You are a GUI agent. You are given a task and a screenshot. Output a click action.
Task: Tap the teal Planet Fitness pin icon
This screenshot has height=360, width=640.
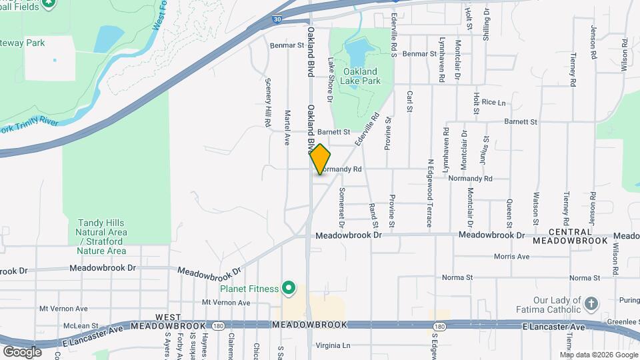pyautogui.click(x=288, y=289)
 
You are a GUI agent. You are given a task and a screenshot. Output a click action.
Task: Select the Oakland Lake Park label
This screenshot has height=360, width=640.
pyautogui.click(x=360, y=76)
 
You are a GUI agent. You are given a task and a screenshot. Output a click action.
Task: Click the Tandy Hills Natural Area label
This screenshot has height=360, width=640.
pyautogui.click(x=101, y=237)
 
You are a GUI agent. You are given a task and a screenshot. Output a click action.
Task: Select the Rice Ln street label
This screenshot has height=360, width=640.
pyautogui.click(x=493, y=102)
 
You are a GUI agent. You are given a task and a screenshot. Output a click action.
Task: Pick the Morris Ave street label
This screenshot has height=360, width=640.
pyautogui.click(x=511, y=256)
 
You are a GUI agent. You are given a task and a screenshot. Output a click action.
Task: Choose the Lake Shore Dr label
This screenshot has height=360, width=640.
pyautogui.click(x=330, y=79)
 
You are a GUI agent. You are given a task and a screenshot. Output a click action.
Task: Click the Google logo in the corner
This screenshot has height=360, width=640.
pyautogui.click(x=22, y=351)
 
